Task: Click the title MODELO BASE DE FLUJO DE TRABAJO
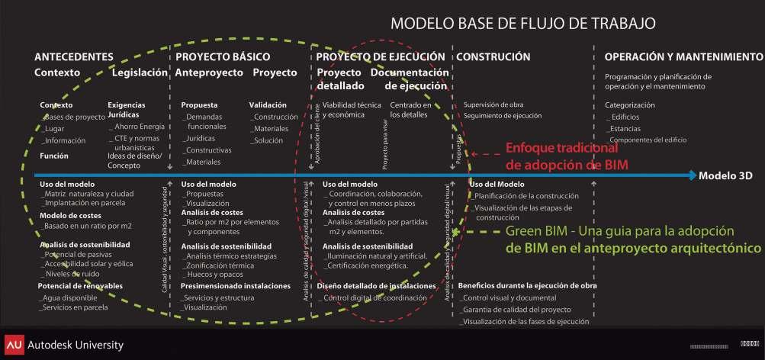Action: click(x=523, y=23)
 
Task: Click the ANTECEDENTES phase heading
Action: click(x=73, y=56)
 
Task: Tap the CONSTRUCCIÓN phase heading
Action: click(x=493, y=56)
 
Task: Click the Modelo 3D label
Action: click(x=725, y=176)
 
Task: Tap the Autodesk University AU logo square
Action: click(x=13, y=345)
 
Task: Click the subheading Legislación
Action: click(x=139, y=72)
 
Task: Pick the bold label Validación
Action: click(x=268, y=104)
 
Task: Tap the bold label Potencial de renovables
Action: click(x=80, y=286)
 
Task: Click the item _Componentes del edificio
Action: click(x=647, y=140)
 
